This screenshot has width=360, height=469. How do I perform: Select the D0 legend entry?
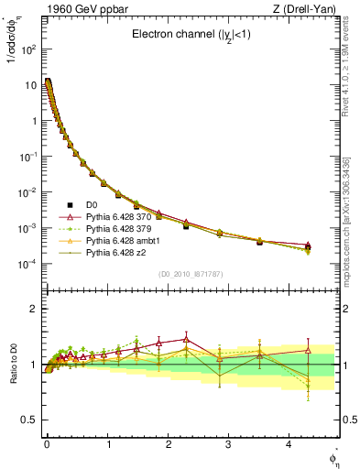click(92, 204)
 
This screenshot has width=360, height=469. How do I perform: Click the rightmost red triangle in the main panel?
click(308, 245)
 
